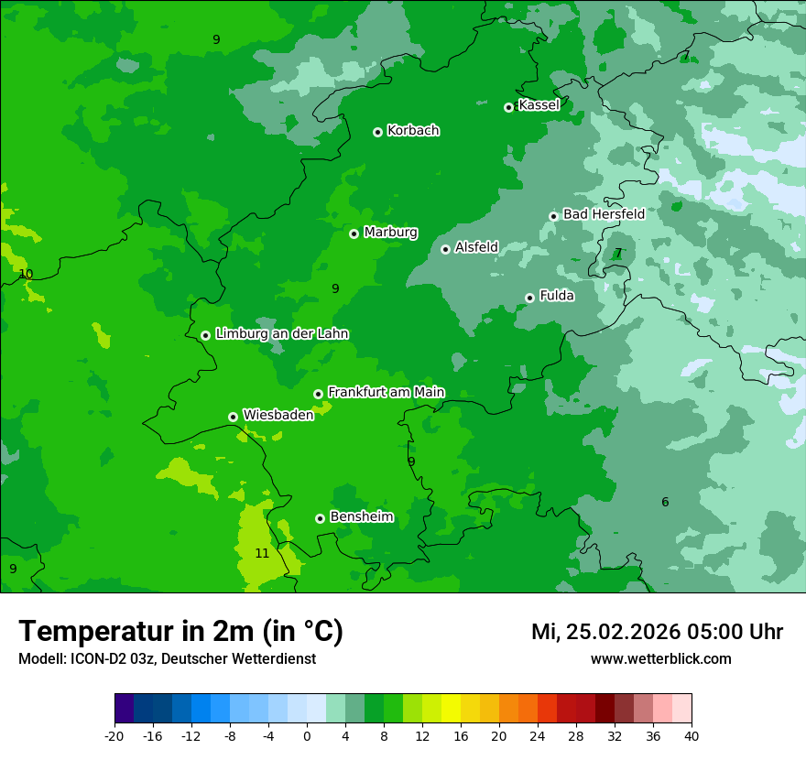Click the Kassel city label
click(x=539, y=105)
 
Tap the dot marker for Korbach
click(x=377, y=132)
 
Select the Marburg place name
click(x=390, y=233)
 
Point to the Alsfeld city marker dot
click(x=445, y=249)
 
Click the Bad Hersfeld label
click(x=604, y=214)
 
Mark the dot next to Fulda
click(x=529, y=298)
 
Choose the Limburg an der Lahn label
click(x=281, y=334)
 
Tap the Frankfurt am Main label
click(x=386, y=392)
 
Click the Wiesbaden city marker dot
click(x=233, y=417)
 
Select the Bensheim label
click(x=361, y=517)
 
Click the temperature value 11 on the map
click(x=262, y=553)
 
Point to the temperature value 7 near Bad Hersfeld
click(x=618, y=254)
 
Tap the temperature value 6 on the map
click(x=665, y=502)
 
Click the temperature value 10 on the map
click(x=26, y=274)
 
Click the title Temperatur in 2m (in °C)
click(x=180, y=632)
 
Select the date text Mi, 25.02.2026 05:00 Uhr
click(x=657, y=632)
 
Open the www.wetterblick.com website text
click(x=660, y=658)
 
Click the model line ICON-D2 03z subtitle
click(x=167, y=658)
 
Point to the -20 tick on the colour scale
click(x=114, y=736)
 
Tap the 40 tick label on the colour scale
click(x=692, y=736)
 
